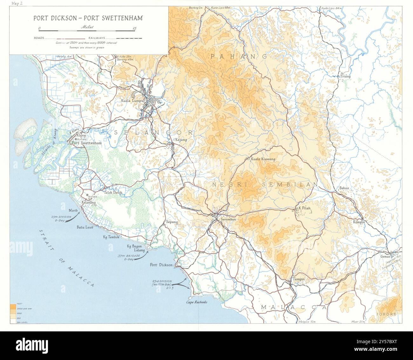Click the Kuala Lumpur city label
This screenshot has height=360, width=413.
[133, 101]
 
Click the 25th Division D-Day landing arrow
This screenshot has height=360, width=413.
[71, 219]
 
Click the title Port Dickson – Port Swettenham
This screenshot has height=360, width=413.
[88, 18]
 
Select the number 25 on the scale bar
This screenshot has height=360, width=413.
[135, 28]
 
